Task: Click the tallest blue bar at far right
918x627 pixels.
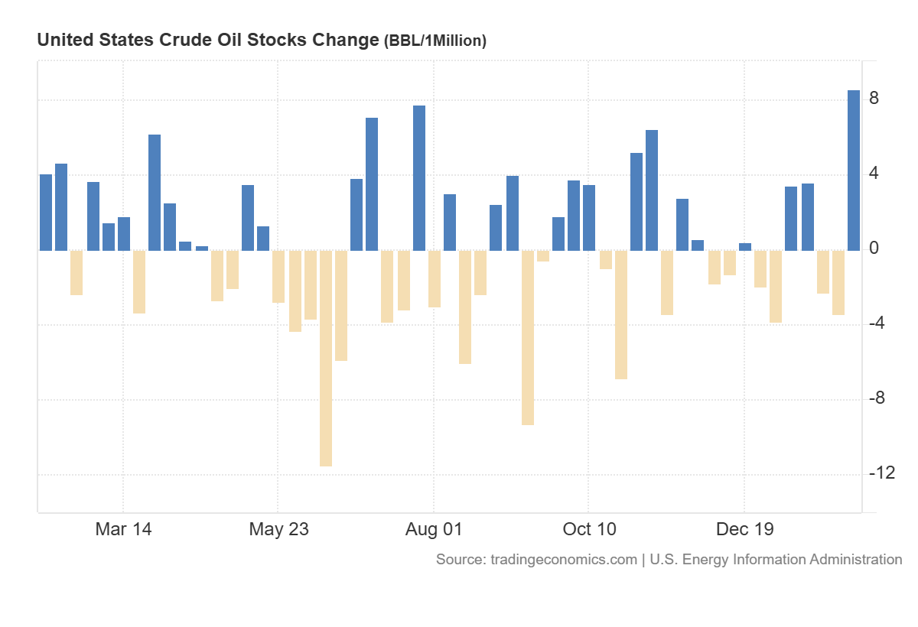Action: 853,170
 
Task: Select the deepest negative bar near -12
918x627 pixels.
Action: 326,358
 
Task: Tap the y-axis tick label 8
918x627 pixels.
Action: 874,99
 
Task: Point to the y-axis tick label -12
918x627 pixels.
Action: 881,473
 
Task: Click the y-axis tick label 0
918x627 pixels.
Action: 874,249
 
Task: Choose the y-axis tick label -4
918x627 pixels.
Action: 877,323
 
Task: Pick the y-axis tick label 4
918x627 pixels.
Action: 874,174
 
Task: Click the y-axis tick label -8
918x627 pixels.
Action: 877,398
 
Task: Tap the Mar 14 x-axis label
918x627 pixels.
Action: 123,529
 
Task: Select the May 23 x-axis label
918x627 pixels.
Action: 278,529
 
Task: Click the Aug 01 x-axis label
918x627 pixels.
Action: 434,529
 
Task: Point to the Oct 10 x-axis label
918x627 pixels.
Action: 589,529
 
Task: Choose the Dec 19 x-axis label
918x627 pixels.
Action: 744,529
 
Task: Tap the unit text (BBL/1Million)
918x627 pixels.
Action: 435,41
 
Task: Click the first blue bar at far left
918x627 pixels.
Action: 46,212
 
